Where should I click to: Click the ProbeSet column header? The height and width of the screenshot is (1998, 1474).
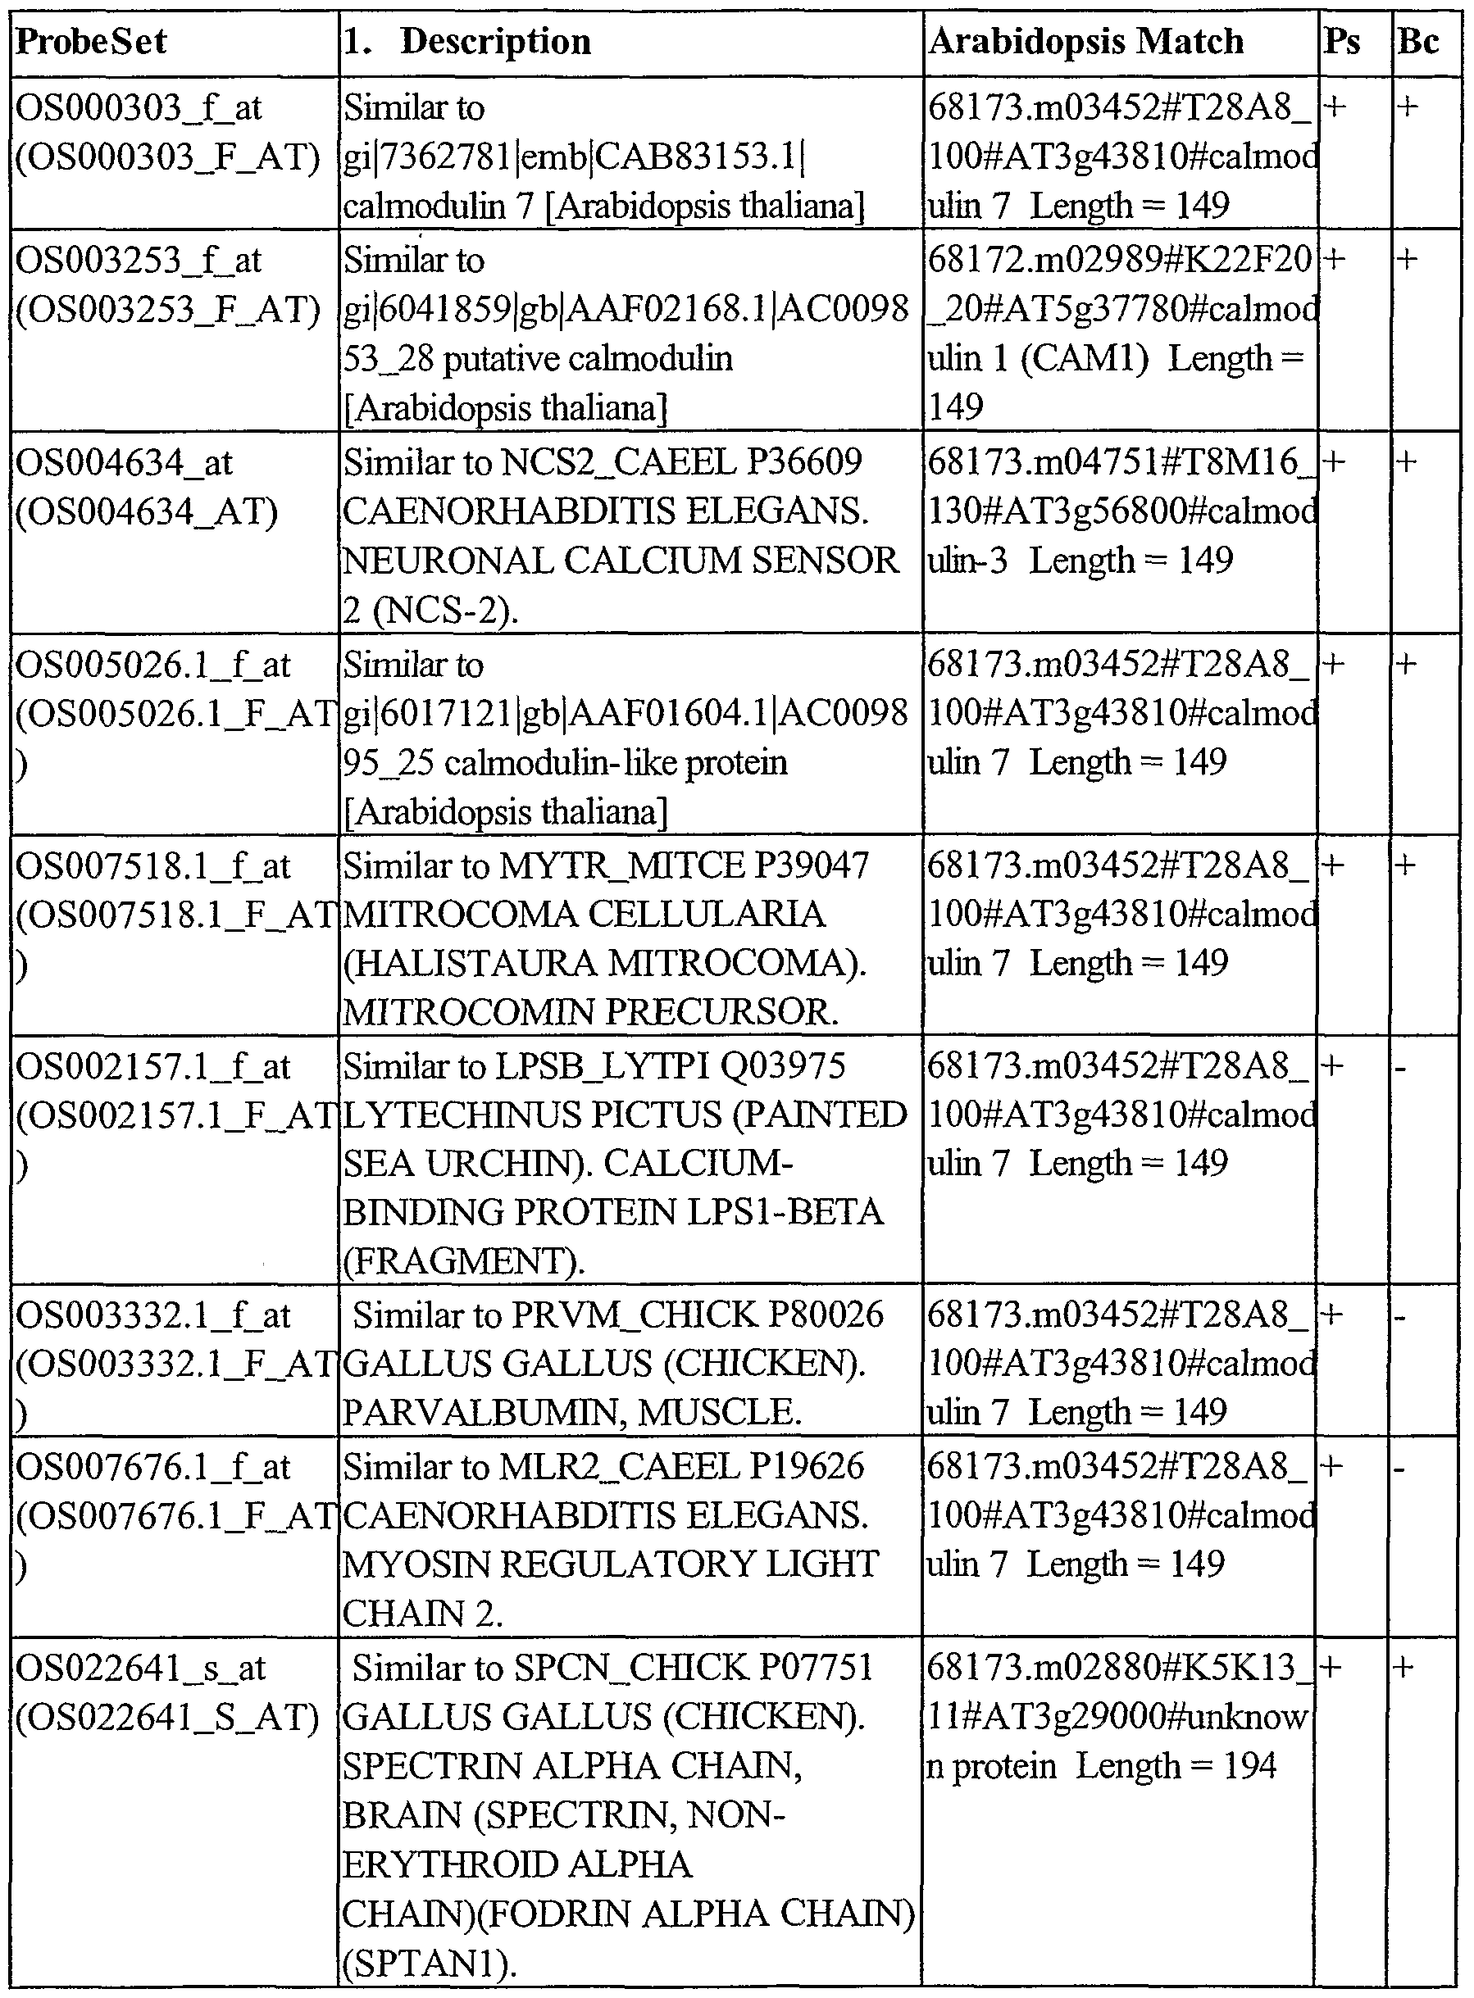(91, 42)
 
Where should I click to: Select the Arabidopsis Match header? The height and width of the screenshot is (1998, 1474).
(1086, 42)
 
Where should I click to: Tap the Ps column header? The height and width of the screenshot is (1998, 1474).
(1341, 42)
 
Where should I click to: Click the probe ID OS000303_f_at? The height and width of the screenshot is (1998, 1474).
(139, 108)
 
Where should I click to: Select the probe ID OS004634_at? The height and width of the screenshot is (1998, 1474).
(124, 463)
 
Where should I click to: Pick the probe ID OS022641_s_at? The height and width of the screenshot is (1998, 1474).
(141, 1668)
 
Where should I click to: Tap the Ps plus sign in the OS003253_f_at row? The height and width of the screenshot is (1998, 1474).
(1335, 261)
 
